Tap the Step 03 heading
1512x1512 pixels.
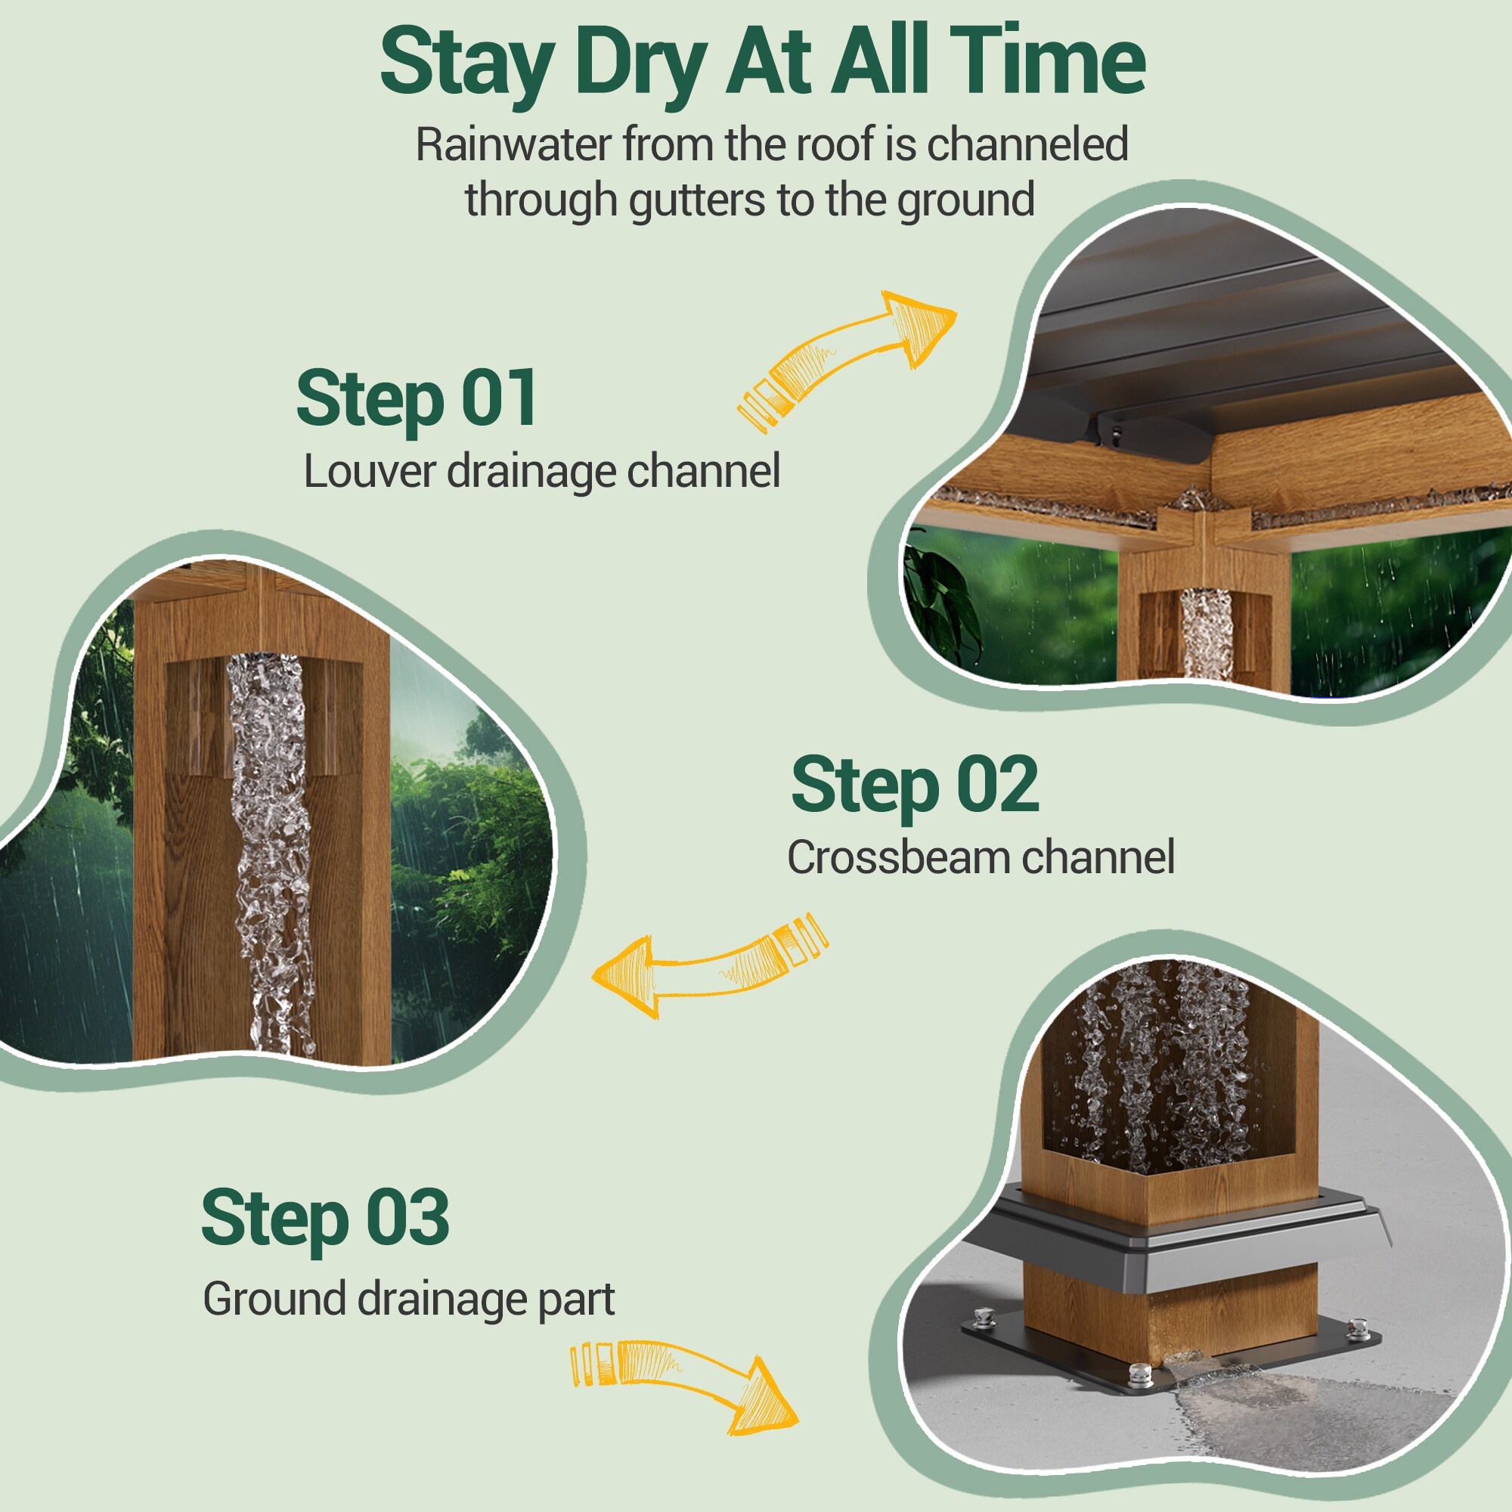click(325, 1218)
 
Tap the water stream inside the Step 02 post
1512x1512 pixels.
click(271, 853)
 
